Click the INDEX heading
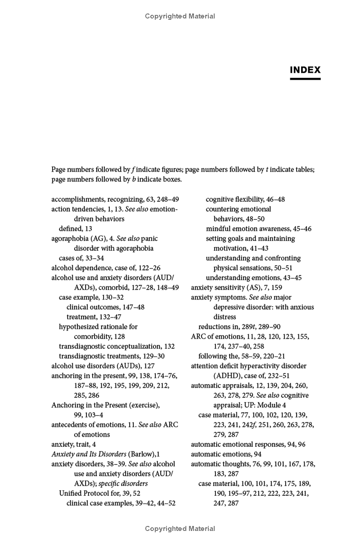click(x=305, y=70)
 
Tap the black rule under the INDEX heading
click(x=305, y=79)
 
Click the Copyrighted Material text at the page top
click(x=180, y=16)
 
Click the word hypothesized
click(x=80, y=326)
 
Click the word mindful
click(x=218, y=229)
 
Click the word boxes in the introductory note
click(x=169, y=179)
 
